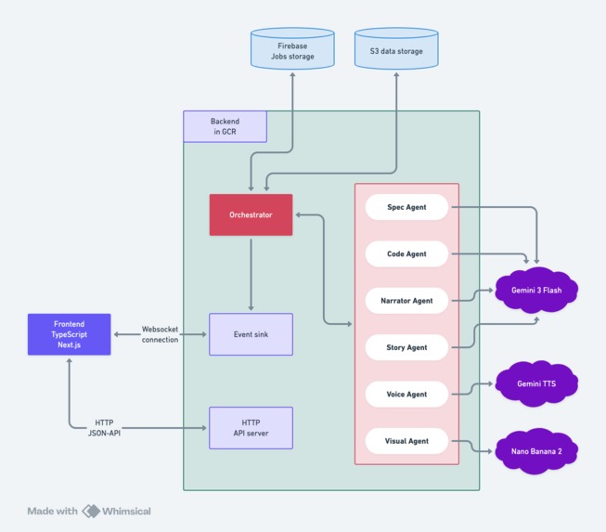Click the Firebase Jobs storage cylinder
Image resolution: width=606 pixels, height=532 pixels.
pyautogui.click(x=292, y=50)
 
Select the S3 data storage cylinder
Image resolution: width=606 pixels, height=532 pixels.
pyautogui.click(x=396, y=50)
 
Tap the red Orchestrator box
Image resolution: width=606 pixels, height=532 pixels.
pyautogui.click(x=251, y=214)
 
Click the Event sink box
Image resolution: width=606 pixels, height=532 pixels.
pyautogui.click(x=251, y=334)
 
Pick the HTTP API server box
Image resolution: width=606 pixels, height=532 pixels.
pyautogui.click(x=251, y=428)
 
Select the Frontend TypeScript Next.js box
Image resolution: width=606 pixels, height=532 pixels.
pyautogui.click(x=70, y=334)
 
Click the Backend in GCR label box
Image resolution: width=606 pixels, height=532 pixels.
pyautogui.click(x=225, y=126)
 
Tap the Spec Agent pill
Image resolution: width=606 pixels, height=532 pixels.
pyautogui.click(x=406, y=207)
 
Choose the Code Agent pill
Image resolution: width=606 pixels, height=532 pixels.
pyautogui.click(x=406, y=253)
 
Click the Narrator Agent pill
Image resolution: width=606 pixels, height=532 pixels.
pyautogui.click(x=406, y=301)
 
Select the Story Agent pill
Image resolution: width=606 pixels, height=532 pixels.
pyautogui.click(x=406, y=347)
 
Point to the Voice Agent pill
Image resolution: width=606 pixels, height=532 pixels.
pyautogui.click(x=406, y=394)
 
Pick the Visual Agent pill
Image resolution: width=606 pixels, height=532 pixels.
pyautogui.click(x=406, y=440)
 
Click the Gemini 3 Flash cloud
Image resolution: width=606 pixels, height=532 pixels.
pyautogui.click(x=537, y=291)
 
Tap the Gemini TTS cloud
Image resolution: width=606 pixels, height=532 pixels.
pyautogui.click(x=537, y=383)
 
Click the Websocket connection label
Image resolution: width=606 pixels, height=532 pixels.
pyautogui.click(x=160, y=334)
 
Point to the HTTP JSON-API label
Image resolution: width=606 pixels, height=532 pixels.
pyautogui.click(x=111, y=428)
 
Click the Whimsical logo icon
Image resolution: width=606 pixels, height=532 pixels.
pyautogui.click(x=91, y=511)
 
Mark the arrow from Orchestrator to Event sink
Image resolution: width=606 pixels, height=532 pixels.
pyautogui.click(x=251, y=274)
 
